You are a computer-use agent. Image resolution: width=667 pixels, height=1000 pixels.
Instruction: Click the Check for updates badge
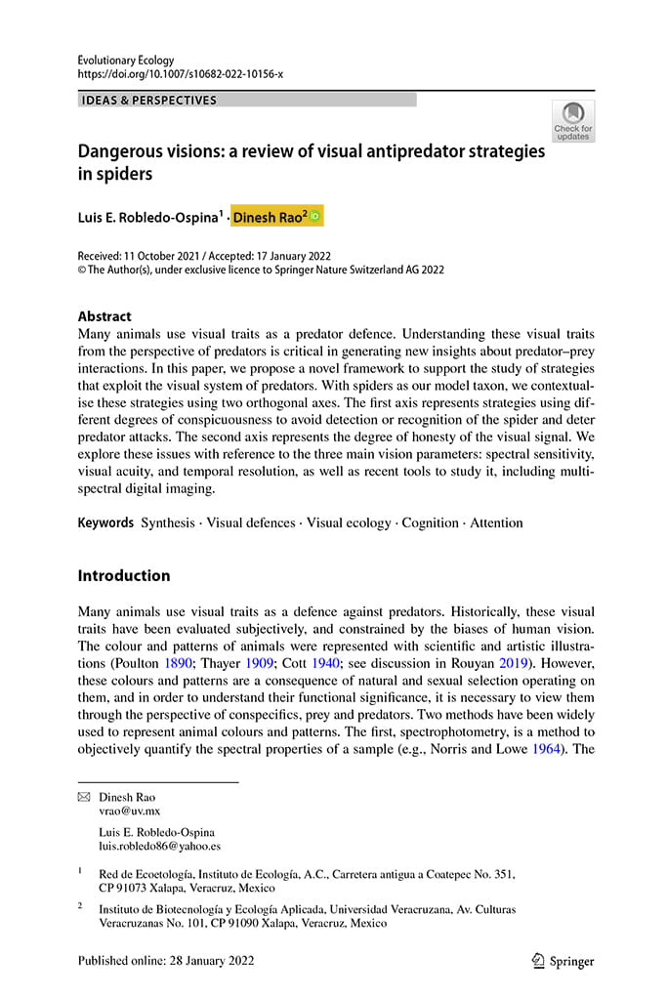coord(572,120)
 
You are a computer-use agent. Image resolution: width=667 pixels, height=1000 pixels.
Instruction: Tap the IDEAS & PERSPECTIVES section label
coord(149,100)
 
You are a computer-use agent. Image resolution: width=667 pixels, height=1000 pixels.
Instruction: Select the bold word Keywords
coord(105,522)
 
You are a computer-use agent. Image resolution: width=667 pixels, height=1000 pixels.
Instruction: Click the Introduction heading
coord(124,575)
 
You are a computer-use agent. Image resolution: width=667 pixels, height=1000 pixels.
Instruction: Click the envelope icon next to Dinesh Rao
coord(84,797)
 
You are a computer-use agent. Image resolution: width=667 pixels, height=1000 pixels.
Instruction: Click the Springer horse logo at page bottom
coord(537,960)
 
